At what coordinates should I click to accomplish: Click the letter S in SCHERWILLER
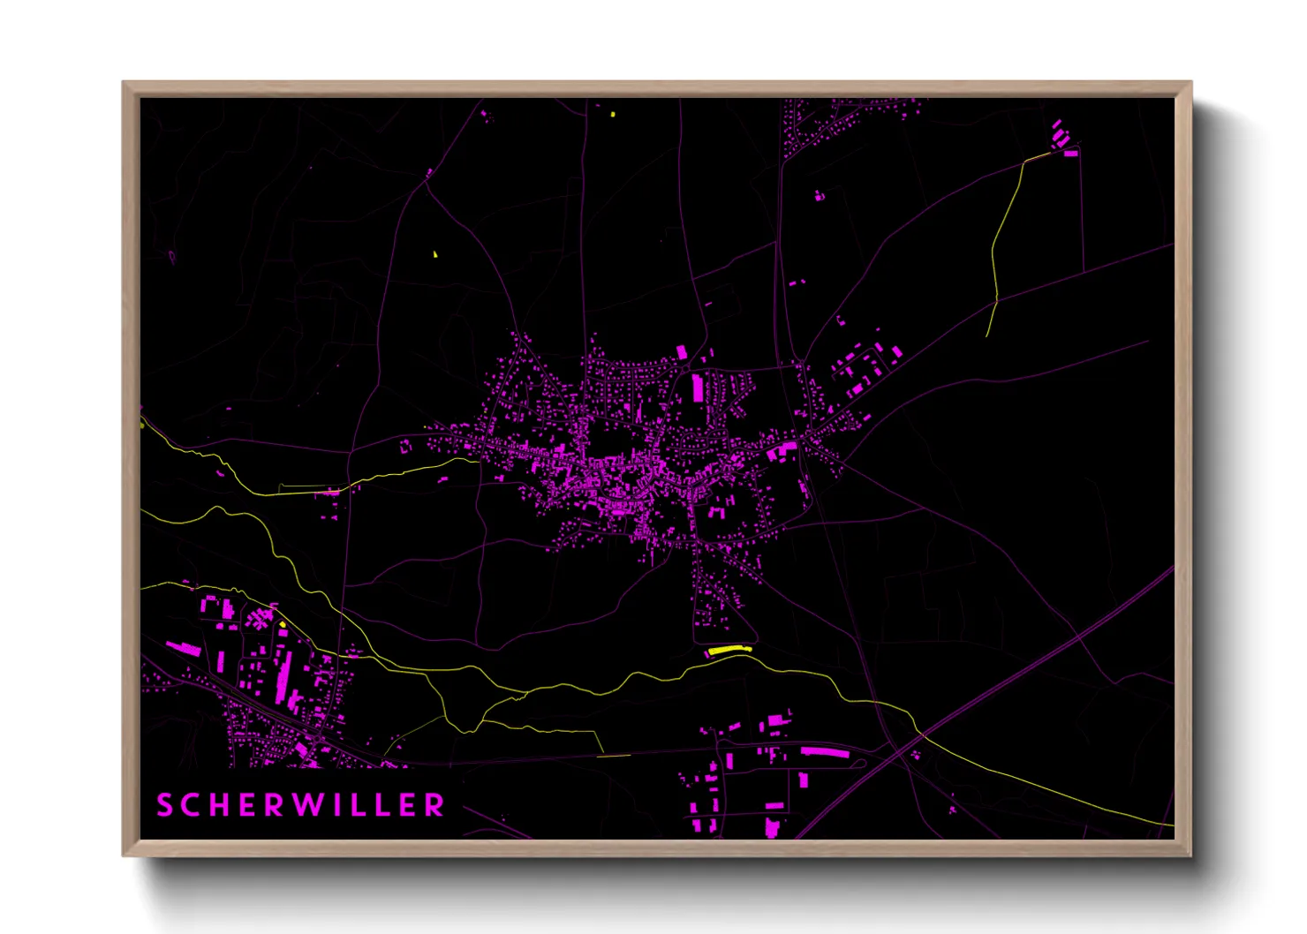[164, 805]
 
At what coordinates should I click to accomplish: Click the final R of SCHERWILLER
[434, 805]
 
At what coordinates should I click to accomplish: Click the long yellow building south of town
[729, 651]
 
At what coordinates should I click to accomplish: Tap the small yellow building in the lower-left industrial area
[283, 625]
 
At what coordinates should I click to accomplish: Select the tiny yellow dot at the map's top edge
[613, 114]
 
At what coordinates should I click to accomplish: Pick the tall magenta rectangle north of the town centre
[698, 387]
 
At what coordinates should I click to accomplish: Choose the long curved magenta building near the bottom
[825, 752]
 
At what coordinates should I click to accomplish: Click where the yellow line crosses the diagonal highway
[922, 734]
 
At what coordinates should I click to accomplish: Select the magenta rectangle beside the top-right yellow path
[1070, 154]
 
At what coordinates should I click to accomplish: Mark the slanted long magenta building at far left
[185, 649]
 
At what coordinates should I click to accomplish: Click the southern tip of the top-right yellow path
[987, 336]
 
